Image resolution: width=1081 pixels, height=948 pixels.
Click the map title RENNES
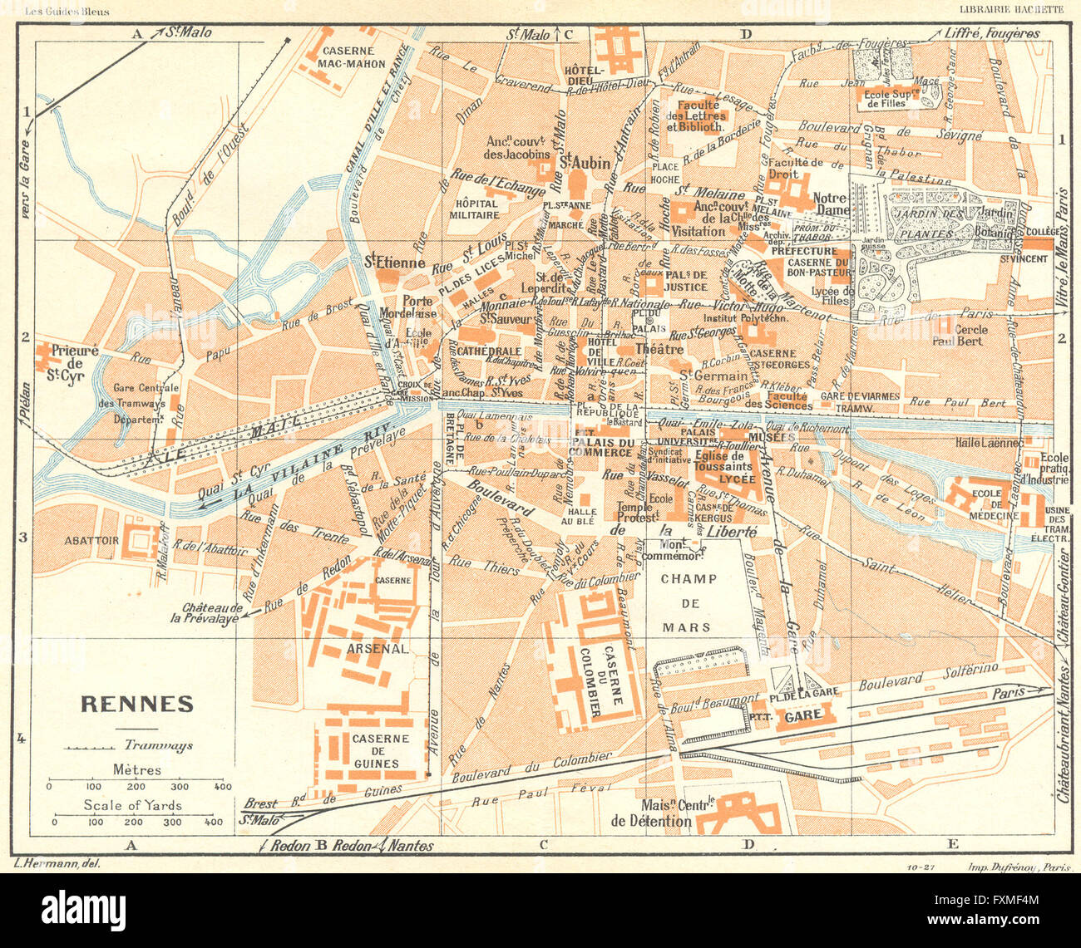click(136, 705)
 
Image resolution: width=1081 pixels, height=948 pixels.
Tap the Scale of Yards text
click(132, 804)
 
